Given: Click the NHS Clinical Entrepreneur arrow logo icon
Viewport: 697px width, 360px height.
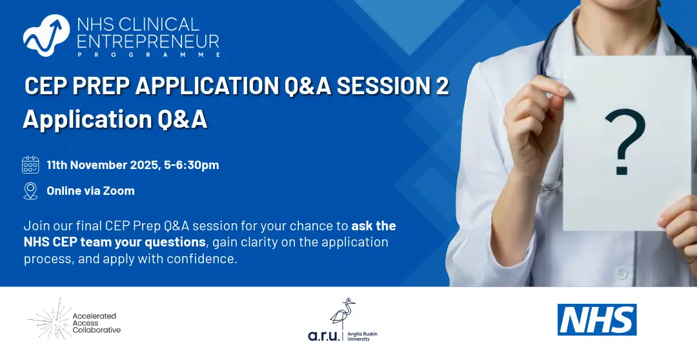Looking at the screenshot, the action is point(46,35).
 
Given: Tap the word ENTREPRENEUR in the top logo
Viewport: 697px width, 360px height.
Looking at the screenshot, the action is point(148,41).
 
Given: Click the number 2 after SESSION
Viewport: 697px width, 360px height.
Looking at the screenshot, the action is point(441,85).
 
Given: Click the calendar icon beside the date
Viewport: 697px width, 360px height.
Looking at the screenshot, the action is point(31,165).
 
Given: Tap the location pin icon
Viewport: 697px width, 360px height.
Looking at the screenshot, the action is point(30,191).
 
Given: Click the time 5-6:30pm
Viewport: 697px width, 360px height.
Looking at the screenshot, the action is point(192,165).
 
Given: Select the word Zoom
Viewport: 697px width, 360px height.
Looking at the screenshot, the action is point(119,191).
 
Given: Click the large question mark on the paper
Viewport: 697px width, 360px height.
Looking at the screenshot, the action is point(624,142).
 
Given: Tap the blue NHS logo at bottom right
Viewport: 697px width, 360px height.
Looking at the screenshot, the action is point(597,319).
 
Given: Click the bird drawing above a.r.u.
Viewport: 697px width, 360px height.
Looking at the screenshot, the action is point(342,314).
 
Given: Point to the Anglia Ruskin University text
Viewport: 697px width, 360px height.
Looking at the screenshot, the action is point(362,336).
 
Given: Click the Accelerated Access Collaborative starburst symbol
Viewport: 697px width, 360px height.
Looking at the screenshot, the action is point(50,319).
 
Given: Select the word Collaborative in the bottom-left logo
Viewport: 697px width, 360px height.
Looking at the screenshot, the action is point(96,330).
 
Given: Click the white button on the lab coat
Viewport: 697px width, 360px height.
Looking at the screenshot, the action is point(621,273).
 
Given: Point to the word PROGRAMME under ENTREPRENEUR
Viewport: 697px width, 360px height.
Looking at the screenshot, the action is point(149,54).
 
